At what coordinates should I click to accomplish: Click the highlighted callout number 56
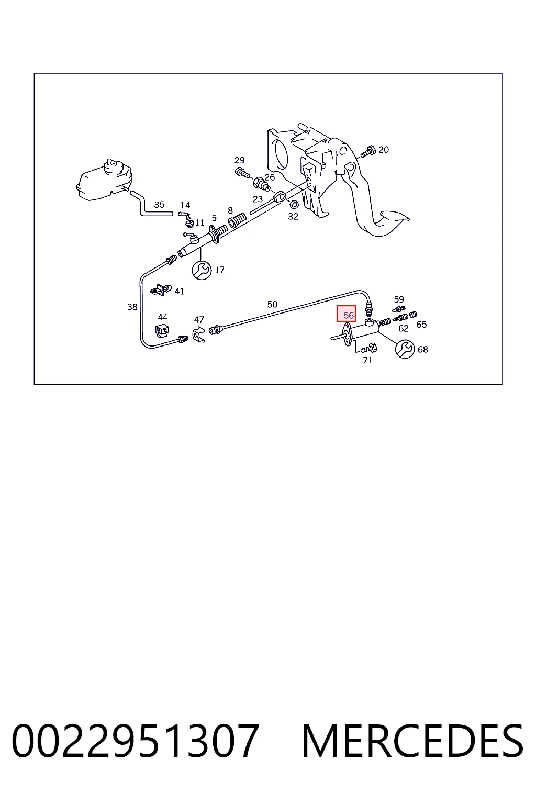click(x=349, y=315)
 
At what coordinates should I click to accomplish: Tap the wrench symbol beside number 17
click(x=202, y=270)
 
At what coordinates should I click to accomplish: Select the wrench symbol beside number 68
click(x=405, y=349)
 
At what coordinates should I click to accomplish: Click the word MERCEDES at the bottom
click(x=412, y=741)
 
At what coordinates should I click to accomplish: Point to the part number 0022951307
click(x=136, y=741)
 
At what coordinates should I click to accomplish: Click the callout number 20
click(x=384, y=150)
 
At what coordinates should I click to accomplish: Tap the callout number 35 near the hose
click(x=159, y=205)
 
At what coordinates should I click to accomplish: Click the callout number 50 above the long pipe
click(x=272, y=304)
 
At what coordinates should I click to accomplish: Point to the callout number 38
click(x=132, y=307)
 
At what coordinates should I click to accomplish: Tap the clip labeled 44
click(x=163, y=331)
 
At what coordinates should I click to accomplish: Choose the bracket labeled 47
click(x=198, y=335)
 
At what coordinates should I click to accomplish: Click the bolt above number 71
click(x=368, y=348)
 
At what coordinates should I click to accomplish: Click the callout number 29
click(x=239, y=160)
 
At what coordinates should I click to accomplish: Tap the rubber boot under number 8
click(x=237, y=220)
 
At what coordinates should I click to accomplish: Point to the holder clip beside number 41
click(x=162, y=289)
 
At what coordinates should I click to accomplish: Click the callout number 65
click(x=421, y=325)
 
